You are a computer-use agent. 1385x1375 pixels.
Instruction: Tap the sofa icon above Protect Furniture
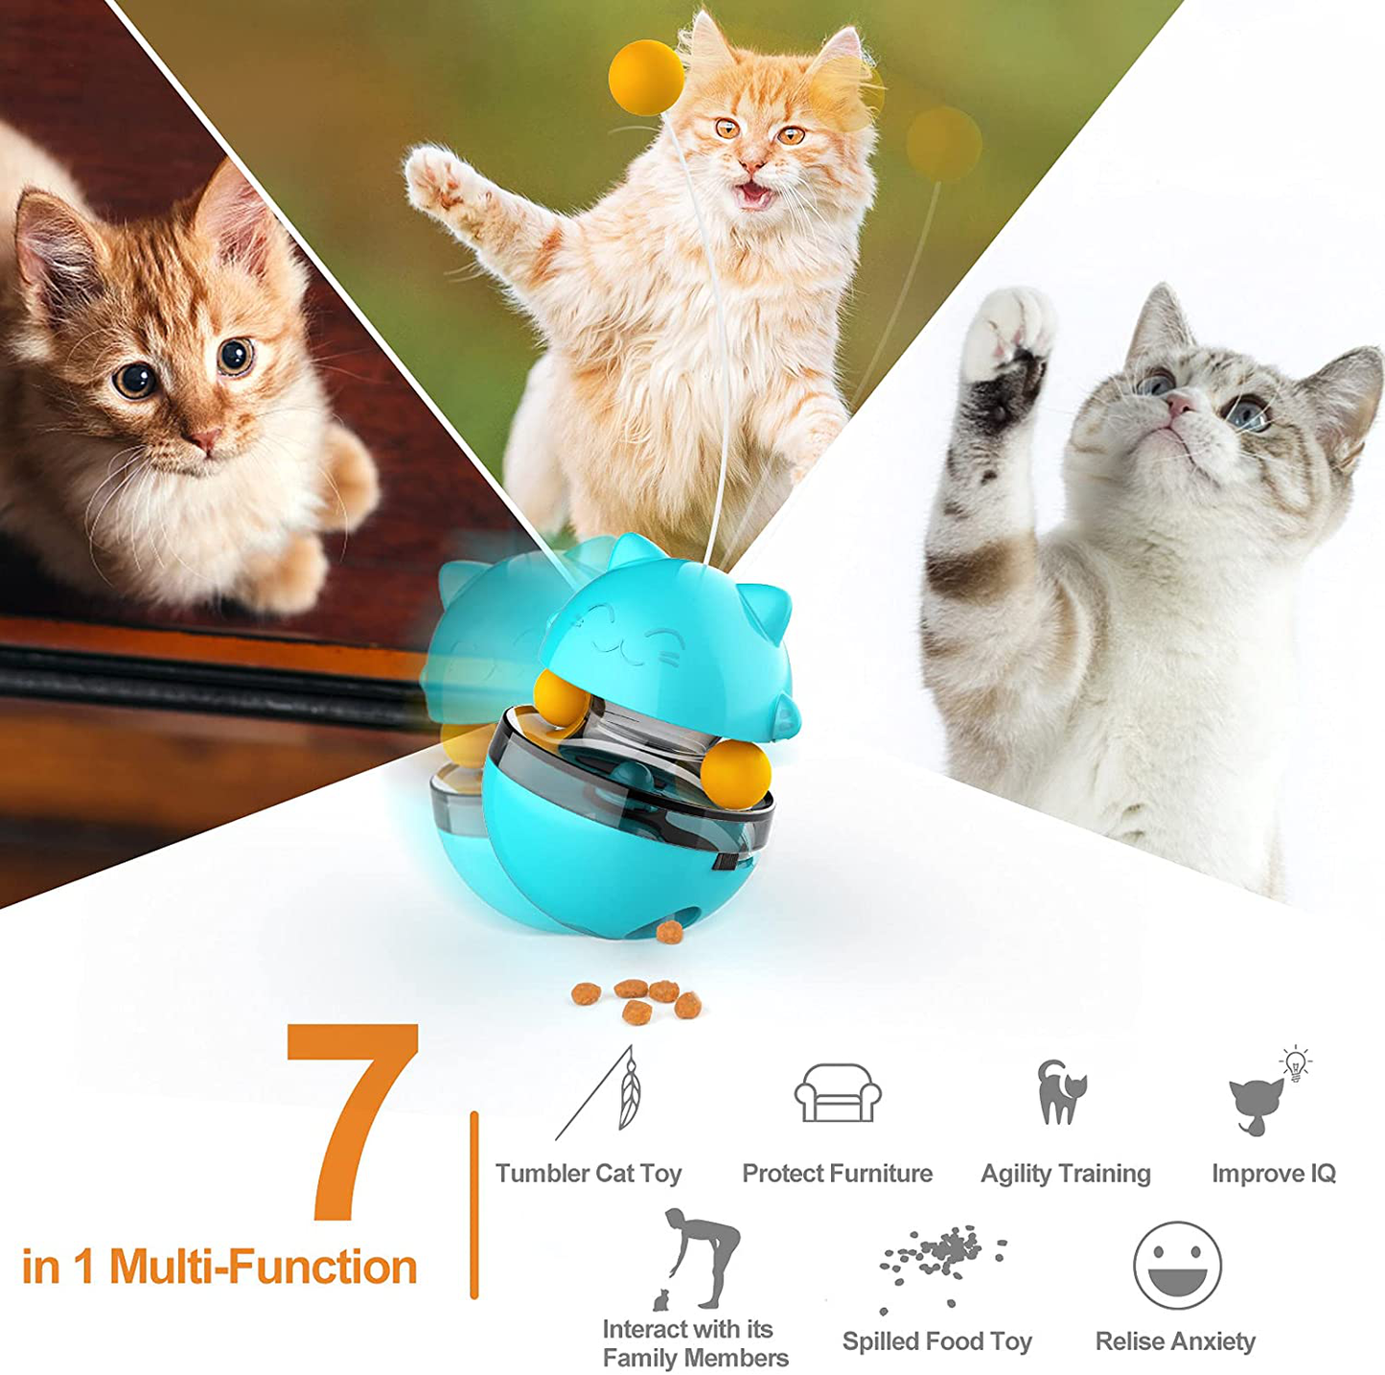pos(838,1092)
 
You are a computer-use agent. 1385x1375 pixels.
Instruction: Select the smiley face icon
pos(1177,1265)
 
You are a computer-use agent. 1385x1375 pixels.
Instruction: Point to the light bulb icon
pos(1295,1063)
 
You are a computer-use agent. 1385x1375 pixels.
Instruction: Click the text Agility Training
pos(1066,1174)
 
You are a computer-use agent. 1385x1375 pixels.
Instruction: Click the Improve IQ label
pos(1275,1174)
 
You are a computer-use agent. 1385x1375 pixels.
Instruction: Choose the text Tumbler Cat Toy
pos(589,1174)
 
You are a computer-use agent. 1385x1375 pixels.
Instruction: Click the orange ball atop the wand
pos(646,78)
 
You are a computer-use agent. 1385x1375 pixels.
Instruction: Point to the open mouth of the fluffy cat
pos(753,194)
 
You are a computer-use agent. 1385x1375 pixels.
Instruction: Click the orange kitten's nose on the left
pos(205,438)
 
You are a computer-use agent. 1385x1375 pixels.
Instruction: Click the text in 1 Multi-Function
pos(219,1267)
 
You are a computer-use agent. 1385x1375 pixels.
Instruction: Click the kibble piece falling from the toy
pos(669,932)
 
